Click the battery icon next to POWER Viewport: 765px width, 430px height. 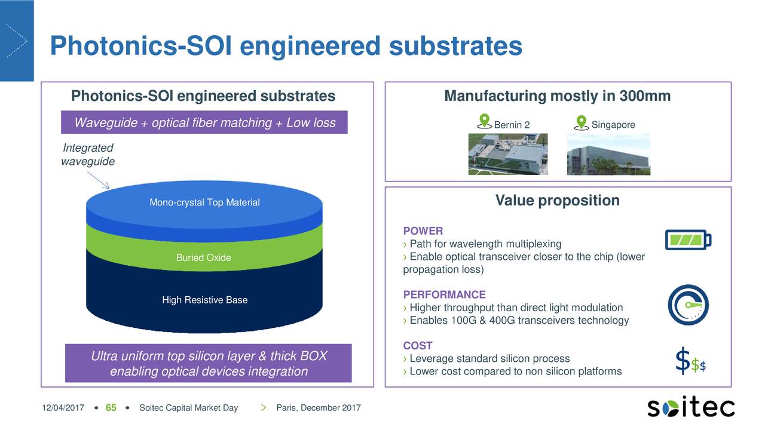(x=688, y=240)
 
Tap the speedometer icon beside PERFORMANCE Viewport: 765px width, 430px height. (x=688, y=305)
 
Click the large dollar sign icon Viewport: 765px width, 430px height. (x=683, y=361)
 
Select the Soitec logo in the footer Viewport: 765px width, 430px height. (x=691, y=407)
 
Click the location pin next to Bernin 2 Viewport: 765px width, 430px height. (x=485, y=121)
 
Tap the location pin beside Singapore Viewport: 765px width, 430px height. (x=580, y=122)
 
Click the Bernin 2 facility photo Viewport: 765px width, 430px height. (x=508, y=154)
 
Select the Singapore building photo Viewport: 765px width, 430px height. (x=608, y=154)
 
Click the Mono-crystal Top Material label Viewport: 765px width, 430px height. (x=204, y=203)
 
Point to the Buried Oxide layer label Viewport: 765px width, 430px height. (x=203, y=258)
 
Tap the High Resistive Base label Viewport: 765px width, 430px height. (x=204, y=300)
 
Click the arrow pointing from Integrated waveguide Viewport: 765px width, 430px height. (x=99, y=180)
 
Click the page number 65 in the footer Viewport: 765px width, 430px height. (x=111, y=408)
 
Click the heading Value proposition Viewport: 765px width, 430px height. (x=557, y=201)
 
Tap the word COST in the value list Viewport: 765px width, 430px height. (x=418, y=346)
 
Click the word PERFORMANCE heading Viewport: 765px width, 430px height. (x=444, y=294)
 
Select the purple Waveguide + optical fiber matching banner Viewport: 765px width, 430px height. (x=204, y=123)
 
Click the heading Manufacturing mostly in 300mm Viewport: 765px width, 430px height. (x=557, y=96)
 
